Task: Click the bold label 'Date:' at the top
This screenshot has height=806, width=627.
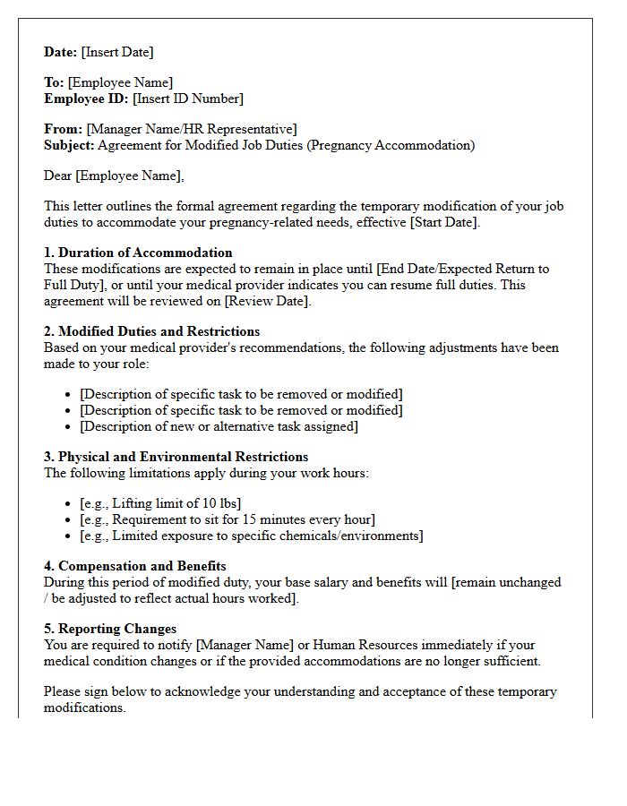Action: pos(61,52)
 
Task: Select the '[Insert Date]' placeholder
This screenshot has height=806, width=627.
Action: pos(117,52)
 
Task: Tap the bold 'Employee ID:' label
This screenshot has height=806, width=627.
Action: pos(87,99)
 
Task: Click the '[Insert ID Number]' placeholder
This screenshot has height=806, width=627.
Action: pos(188,99)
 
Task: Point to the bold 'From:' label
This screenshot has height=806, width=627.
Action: pos(64,129)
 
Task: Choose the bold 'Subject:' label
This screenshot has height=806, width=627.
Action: pos(69,145)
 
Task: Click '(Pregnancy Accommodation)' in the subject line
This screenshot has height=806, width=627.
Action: pos(391,145)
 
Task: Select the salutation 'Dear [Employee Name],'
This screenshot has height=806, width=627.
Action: pos(114,176)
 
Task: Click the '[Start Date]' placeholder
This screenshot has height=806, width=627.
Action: pos(444,222)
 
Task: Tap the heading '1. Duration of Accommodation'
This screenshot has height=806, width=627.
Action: pos(138,253)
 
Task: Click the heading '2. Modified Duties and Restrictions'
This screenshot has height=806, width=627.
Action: pos(152,331)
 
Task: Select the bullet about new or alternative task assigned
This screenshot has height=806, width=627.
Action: pos(219,426)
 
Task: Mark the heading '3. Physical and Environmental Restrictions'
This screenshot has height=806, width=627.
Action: pos(176,457)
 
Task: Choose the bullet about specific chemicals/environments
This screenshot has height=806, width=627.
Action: pos(251,536)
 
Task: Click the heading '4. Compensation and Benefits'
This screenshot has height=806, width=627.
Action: pos(135,566)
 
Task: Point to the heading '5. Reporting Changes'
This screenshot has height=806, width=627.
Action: pos(110,629)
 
